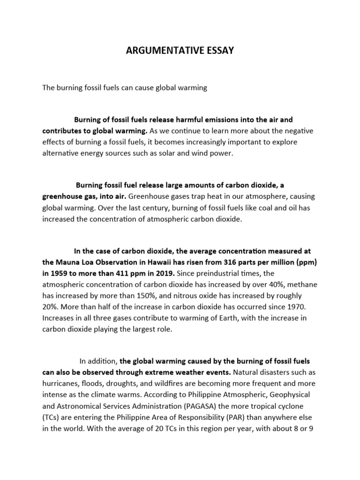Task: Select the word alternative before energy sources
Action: pos(61,153)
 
